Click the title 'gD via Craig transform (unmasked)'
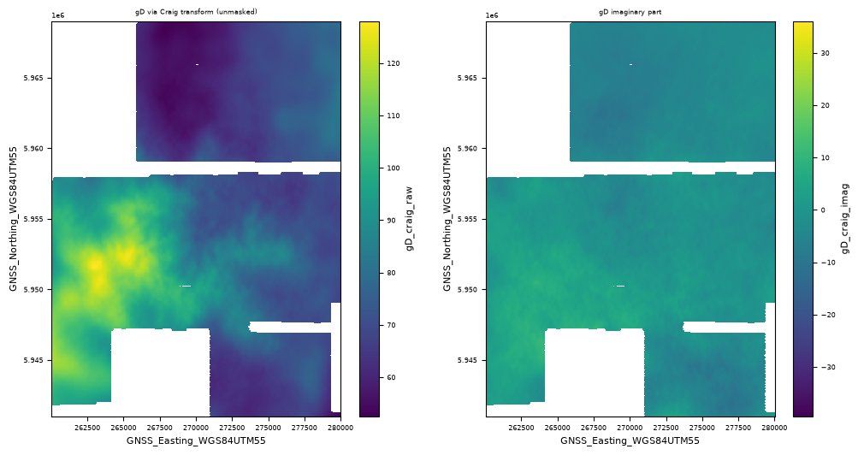click(x=196, y=11)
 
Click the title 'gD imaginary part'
click(x=630, y=11)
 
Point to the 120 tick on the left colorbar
click(x=393, y=63)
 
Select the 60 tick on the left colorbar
click(x=391, y=377)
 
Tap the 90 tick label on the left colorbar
click(x=391, y=221)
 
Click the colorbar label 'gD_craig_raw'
click(x=409, y=219)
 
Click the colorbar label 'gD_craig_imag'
click(x=845, y=219)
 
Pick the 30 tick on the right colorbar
click(x=825, y=53)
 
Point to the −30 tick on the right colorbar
click(x=827, y=367)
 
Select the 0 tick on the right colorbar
click(x=822, y=210)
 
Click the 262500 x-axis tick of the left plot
click(x=87, y=428)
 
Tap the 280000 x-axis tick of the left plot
click(x=340, y=428)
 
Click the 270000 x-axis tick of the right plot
click(x=630, y=428)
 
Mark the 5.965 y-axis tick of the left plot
click(x=37, y=78)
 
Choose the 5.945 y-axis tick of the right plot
click(x=471, y=360)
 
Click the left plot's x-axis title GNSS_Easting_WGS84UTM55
click(x=196, y=440)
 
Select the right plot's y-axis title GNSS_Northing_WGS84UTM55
click(x=447, y=219)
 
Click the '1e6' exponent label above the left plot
click(x=58, y=15)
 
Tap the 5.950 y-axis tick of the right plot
click(x=471, y=290)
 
